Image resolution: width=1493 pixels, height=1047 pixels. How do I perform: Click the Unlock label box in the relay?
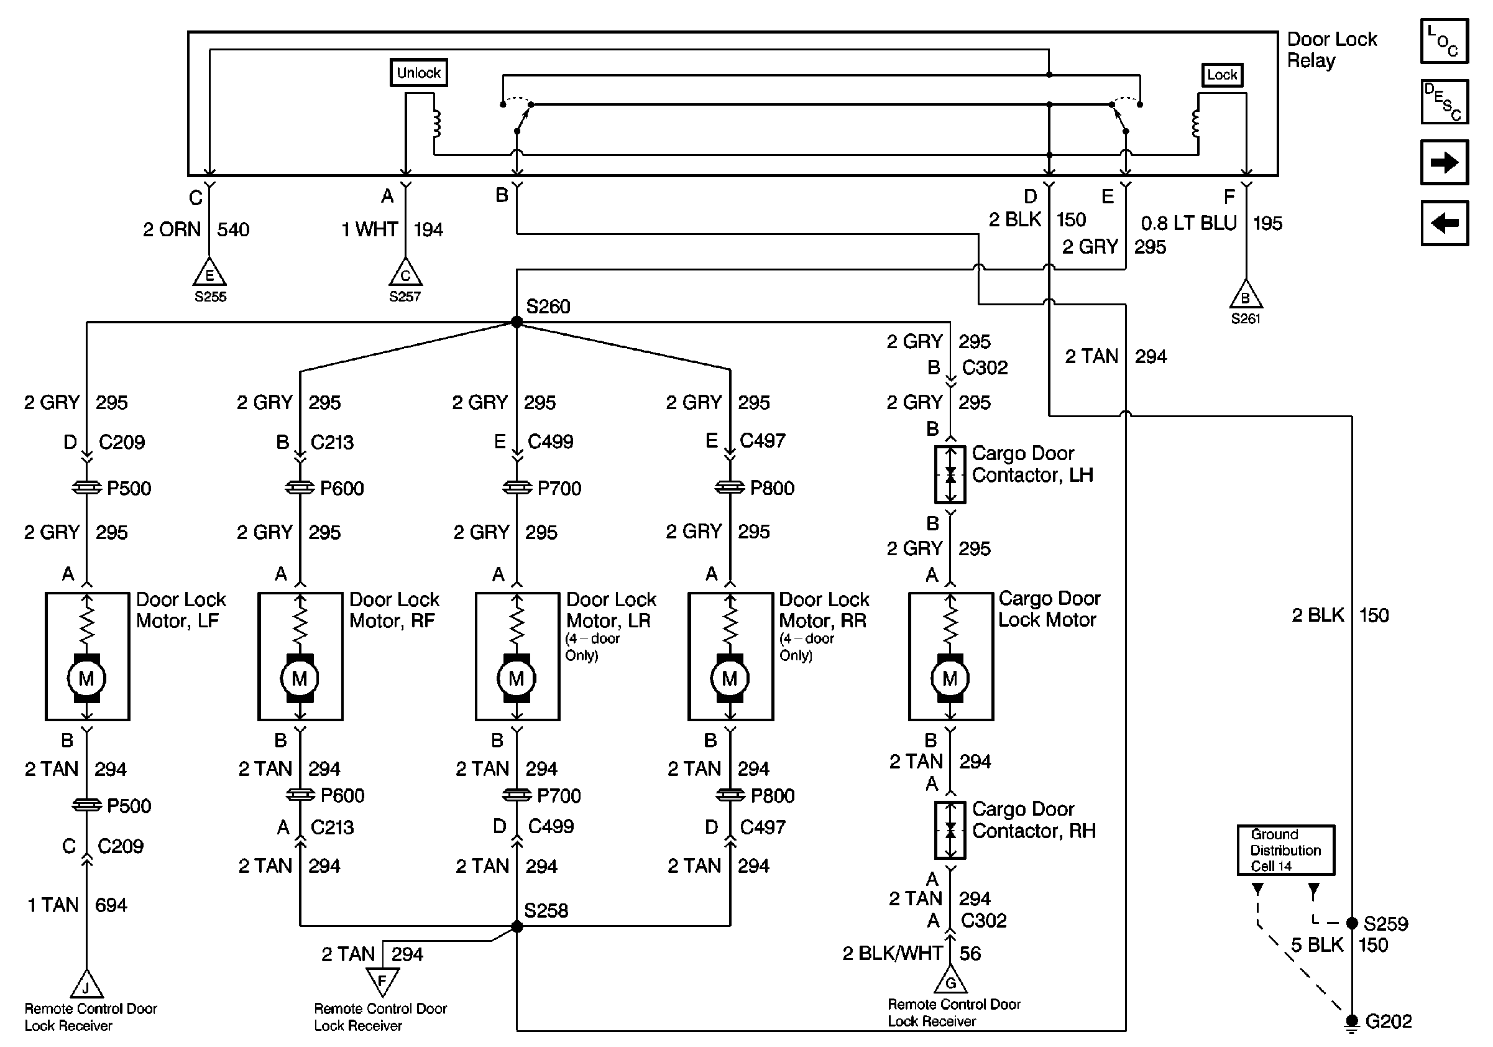(418, 73)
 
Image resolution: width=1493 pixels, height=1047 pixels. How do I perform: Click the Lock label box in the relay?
(1222, 75)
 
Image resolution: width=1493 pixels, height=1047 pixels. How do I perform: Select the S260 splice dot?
(517, 322)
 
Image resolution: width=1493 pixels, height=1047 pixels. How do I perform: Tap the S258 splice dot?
(517, 926)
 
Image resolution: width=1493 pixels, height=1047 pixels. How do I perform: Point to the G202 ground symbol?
(1352, 1022)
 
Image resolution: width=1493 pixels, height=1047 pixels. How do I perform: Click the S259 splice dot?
(1352, 923)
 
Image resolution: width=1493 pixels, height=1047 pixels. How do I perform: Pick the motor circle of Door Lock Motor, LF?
(86, 678)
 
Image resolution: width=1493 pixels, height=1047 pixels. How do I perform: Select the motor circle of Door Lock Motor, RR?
(730, 678)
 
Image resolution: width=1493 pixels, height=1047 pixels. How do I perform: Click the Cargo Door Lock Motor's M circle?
(950, 678)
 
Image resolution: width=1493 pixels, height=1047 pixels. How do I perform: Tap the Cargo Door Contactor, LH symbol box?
(950, 475)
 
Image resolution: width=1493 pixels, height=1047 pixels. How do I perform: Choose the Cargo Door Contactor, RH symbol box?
(950, 830)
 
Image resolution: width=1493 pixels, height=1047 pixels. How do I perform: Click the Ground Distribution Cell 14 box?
(1285, 850)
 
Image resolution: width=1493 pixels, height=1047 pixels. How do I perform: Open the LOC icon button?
(1445, 41)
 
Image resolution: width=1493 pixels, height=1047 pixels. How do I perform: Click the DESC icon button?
(1445, 101)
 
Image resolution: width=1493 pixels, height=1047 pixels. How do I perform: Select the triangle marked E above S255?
(209, 274)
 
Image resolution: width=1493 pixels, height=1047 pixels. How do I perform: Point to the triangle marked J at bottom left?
(86, 985)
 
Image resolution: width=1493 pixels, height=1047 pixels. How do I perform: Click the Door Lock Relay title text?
(1331, 49)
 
